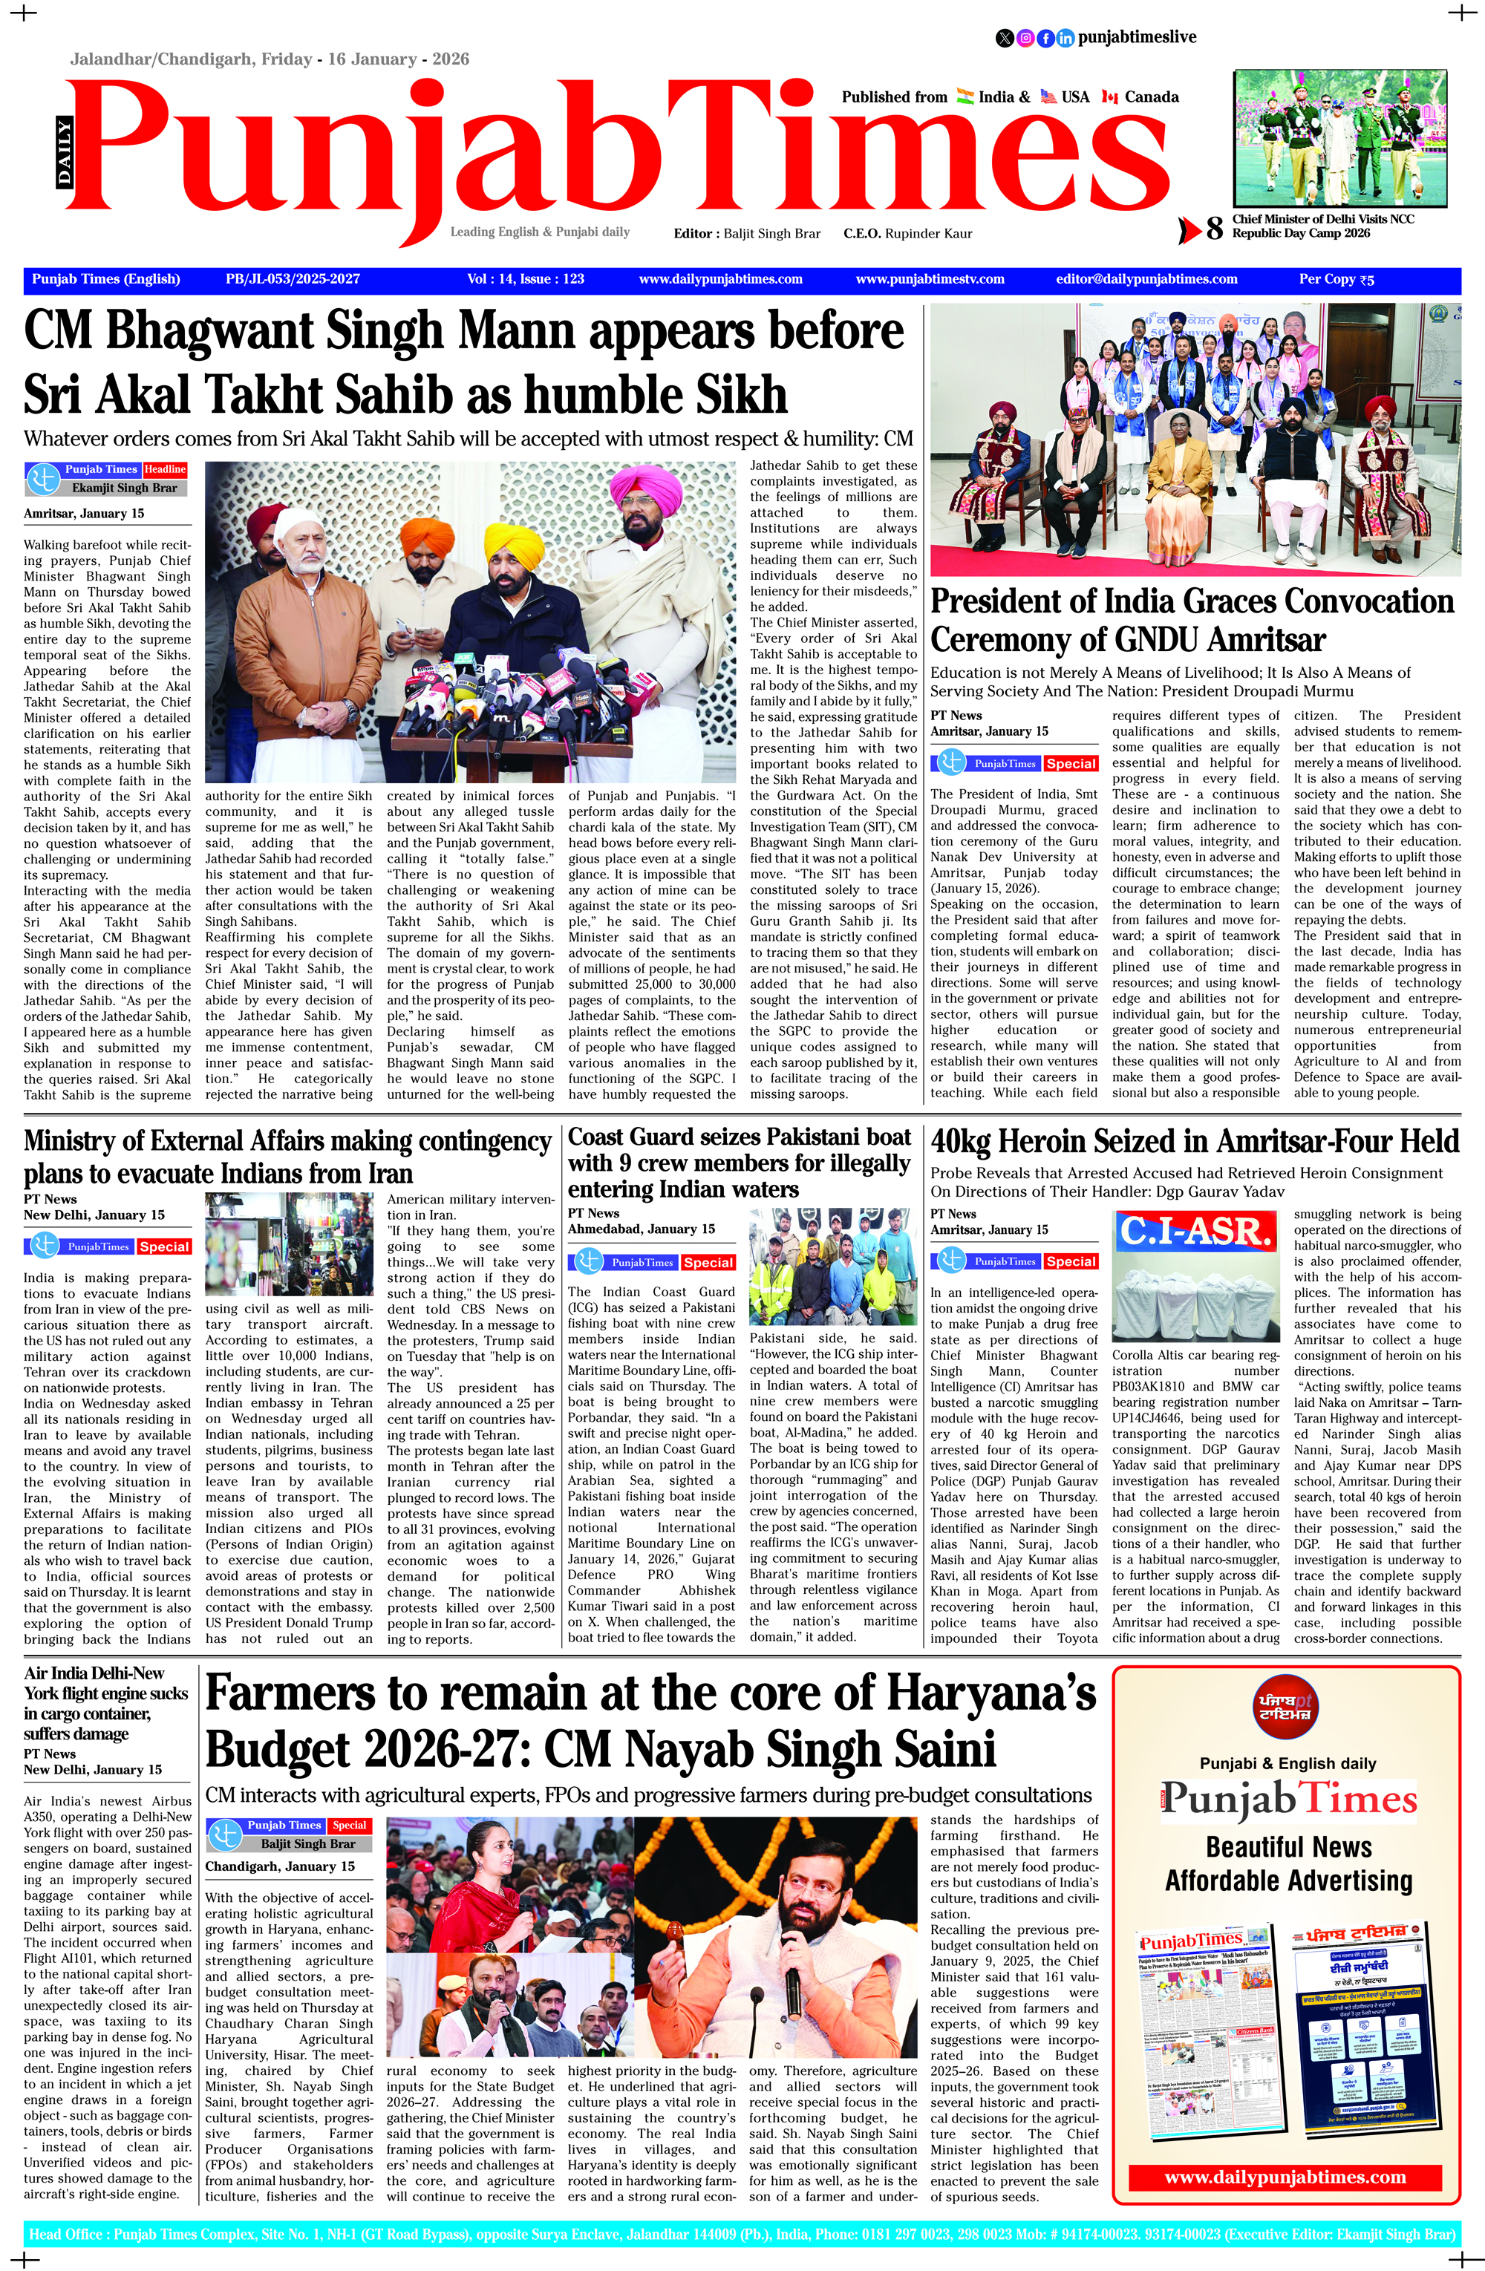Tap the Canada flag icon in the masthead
click(x=1109, y=97)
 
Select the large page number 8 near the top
click(x=1214, y=229)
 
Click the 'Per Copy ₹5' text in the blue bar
click(x=1336, y=280)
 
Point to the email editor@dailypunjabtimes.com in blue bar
click(x=1146, y=280)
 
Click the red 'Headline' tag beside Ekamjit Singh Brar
click(x=165, y=469)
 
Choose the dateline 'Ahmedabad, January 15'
click(x=642, y=1229)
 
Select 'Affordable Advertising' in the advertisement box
click(x=1287, y=1880)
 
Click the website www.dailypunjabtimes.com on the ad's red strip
click(x=1285, y=2177)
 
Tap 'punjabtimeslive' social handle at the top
click(x=1136, y=37)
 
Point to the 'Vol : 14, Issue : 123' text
click(x=525, y=280)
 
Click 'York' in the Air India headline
click(x=45, y=1693)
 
